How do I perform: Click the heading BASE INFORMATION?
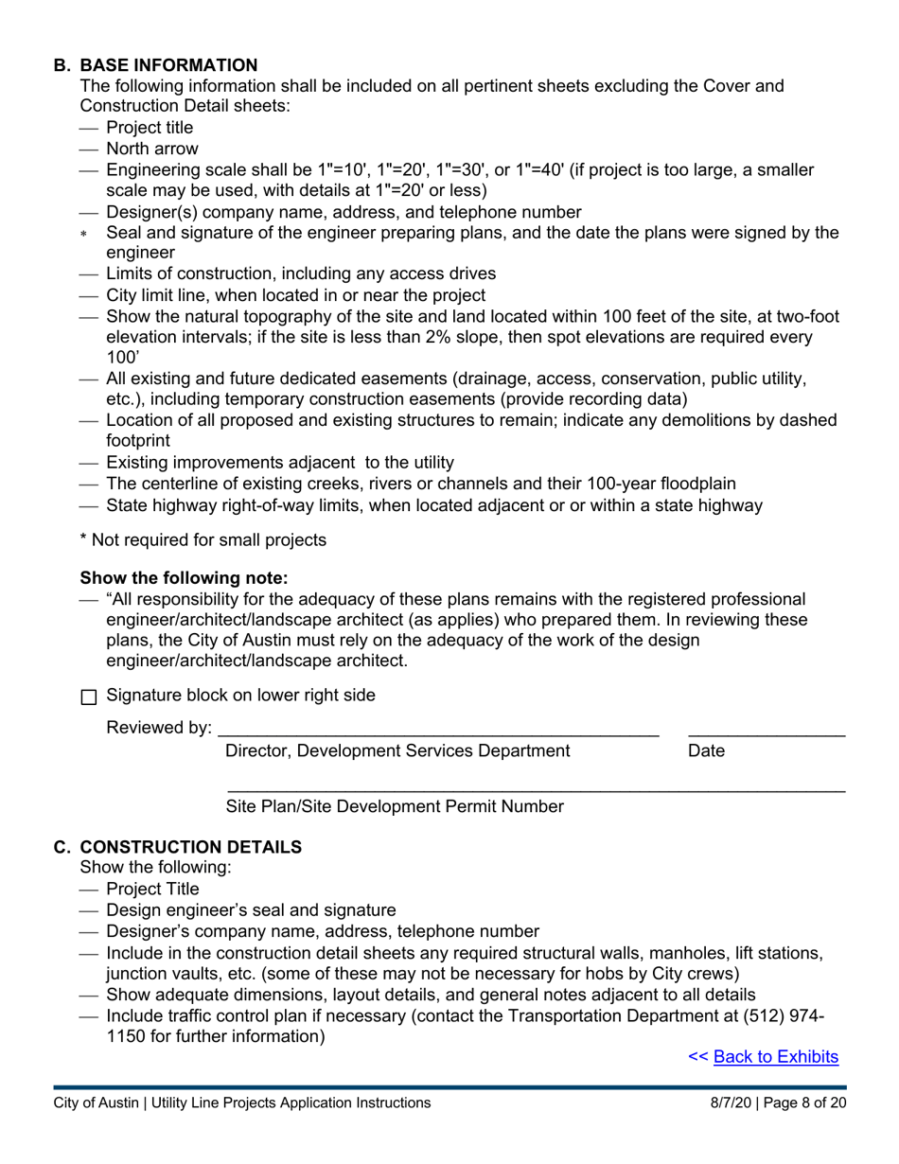[x=168, y=65]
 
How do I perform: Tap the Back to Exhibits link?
[x=775, y=1057]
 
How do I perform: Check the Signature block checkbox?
[x=89, y=697]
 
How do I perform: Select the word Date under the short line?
[x=706, y=751]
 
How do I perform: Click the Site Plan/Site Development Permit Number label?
[x=395, y=807]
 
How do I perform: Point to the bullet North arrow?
[x=151, y=149]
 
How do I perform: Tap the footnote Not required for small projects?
[x=208, y=540]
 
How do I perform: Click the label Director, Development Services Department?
[x=397, y=751]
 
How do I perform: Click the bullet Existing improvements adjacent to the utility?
[x=280, y=463]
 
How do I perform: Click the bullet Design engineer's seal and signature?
[x=251, y=910]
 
